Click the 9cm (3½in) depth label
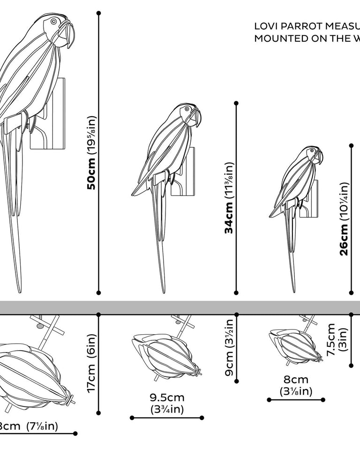coord(229,347)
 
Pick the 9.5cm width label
coord(166,403)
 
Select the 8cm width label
coord(296,385)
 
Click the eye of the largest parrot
coord(53,22)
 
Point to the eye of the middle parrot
coord(187,109)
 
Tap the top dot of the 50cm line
coord(99,13)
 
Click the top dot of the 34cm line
coord(236,103)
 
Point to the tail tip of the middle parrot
coord(163,292)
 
